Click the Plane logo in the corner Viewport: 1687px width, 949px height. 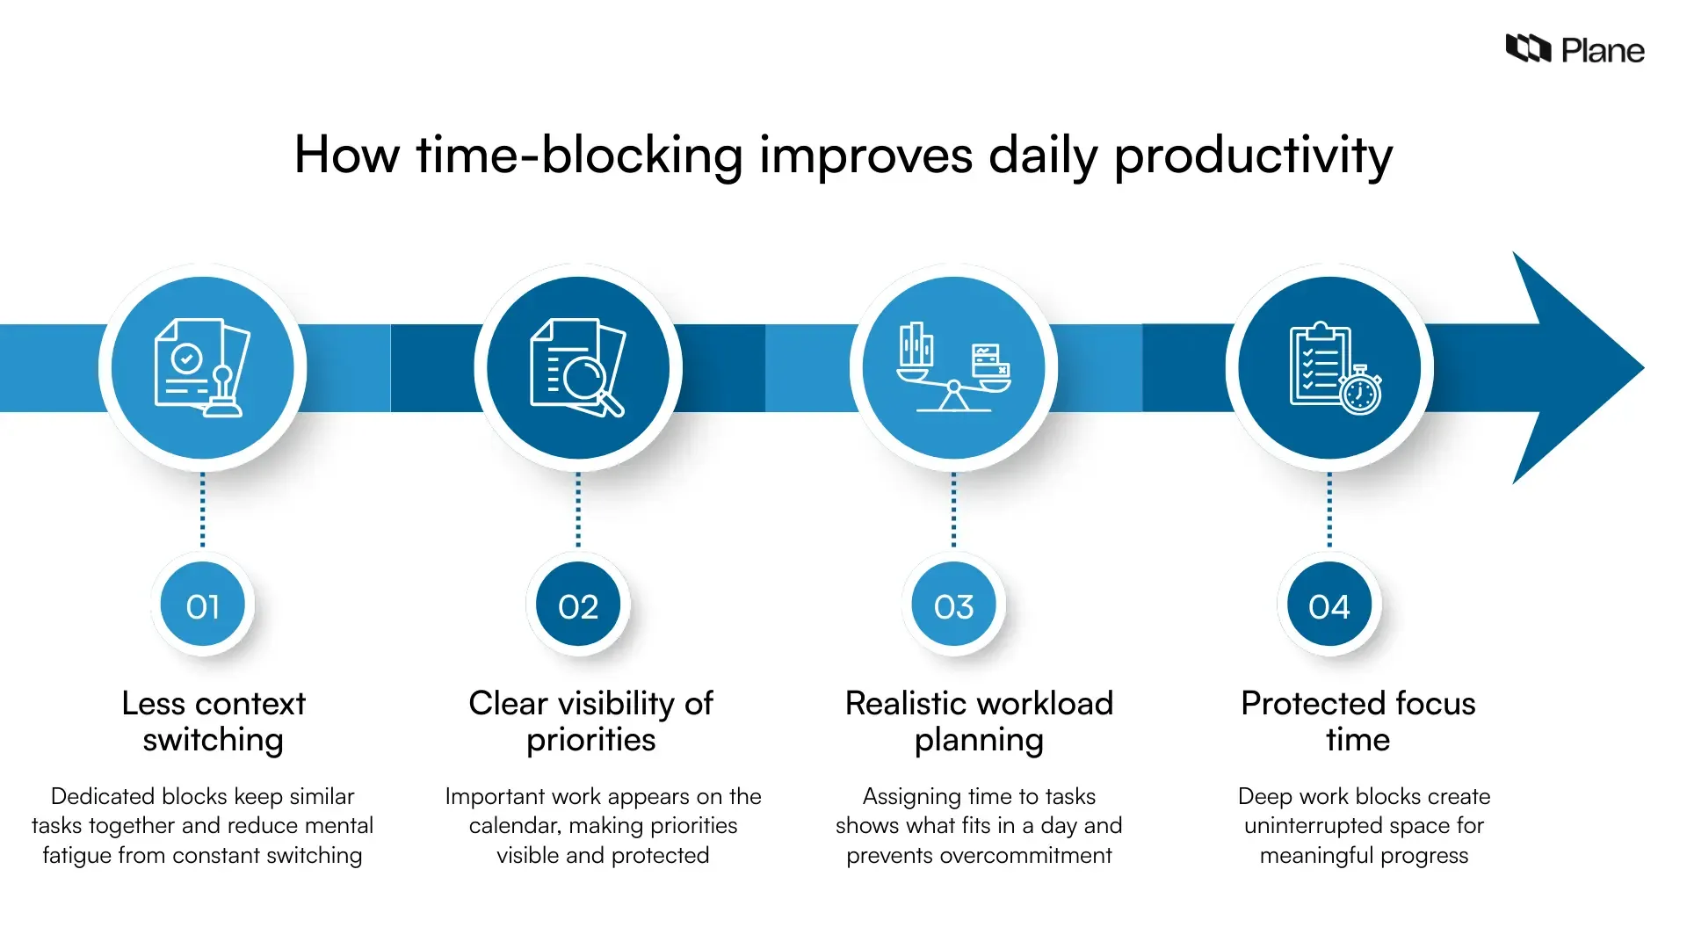(1574, 49)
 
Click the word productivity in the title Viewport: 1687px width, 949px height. (1253, 156)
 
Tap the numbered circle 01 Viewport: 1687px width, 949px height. (203, 606)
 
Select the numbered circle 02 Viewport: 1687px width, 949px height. (578, 606)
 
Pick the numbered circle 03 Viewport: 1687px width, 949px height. (953, 606)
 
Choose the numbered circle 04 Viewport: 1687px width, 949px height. (1329, 606)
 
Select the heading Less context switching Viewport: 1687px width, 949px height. (214, 721)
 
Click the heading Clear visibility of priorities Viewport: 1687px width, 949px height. (590, 721)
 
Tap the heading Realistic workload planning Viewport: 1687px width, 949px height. (979, 721)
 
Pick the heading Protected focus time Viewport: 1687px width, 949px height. (1358, 721)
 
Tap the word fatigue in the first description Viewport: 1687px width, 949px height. (76, 856)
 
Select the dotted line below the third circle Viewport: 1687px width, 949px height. (953, 510)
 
